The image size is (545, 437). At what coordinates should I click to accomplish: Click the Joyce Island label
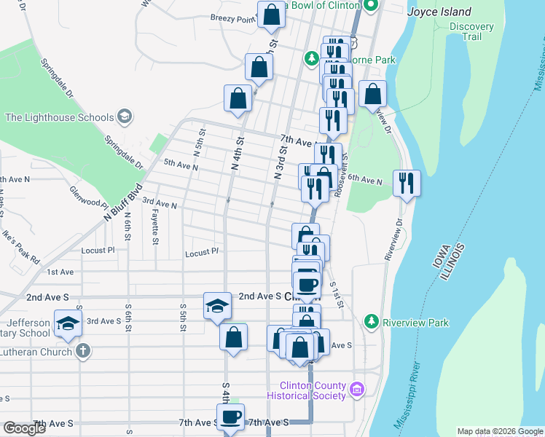click(439, 12)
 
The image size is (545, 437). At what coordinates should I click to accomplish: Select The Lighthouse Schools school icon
click(125, 117)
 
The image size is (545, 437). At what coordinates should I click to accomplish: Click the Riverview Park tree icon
click(372, 322)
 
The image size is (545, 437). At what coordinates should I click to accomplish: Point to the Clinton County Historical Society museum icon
click(356, 390)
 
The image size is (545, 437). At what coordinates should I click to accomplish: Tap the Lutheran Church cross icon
click(83, 351)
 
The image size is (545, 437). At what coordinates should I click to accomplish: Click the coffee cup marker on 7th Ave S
click(231, 417)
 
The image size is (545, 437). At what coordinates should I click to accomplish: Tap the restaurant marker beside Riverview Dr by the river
click(407, 182)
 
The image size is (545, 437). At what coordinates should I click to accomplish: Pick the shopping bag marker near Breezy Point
click(271, 15)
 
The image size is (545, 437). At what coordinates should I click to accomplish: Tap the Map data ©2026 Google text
click(499, 431)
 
